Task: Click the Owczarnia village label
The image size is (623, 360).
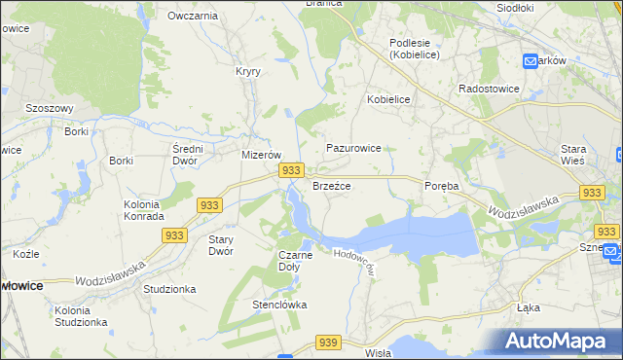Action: pyautogui.click(x=192, y=16)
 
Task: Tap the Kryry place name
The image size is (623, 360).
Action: pyautogui.click(x=247, y=71)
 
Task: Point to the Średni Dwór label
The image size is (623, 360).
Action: pyautogui.click(x=186, y=154)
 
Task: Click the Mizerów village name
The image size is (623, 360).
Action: pyautogui.click(x=261, y=155)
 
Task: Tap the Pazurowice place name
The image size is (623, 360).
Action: pyautogui.click(x=353, y=148)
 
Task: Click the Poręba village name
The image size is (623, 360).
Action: pyautogui.click(x=441, y=185)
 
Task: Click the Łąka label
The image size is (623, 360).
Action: pyautogui.click(x=531, y=307)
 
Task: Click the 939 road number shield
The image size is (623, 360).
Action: pyautogui.click(x=328, y=342)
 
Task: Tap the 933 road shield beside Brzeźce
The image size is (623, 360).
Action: pyautogui.click(x=289, y=170)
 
